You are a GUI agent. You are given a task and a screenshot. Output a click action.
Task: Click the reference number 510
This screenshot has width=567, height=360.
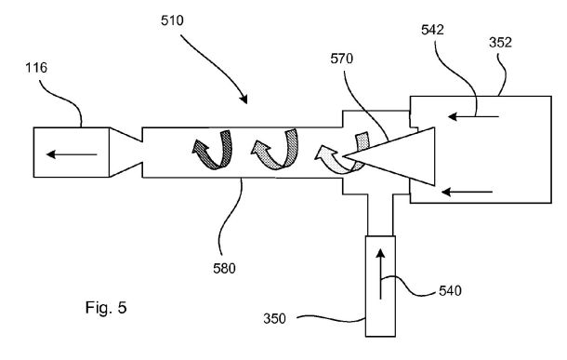[x=172, y=20]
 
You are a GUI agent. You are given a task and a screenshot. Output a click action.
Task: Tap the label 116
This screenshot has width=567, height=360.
[x=36, y=68]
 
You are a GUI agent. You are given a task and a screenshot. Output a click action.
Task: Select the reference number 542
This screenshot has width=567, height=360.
[x=432, y=30]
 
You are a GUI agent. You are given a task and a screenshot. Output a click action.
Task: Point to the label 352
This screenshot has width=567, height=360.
[x=500, y=43]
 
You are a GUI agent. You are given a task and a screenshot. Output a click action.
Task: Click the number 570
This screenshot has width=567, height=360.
[x=342, y=59]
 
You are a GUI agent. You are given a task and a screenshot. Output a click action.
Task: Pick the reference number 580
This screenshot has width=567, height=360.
[x=224, y=269]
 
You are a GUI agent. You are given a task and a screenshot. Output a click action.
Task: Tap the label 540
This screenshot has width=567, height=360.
[x=450, y=291]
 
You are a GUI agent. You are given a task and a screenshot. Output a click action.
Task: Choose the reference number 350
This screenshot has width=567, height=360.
[x=274, y=319]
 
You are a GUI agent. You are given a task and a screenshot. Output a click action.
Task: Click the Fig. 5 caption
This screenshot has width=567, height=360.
[x=106, y=308]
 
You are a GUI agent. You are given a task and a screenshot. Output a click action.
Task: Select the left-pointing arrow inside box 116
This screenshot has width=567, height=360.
[x=72, y=154]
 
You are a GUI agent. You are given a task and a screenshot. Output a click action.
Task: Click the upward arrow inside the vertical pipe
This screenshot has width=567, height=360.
[x=380, y=273]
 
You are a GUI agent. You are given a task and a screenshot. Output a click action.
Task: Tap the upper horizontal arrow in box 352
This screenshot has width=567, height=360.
[x=473, y=116]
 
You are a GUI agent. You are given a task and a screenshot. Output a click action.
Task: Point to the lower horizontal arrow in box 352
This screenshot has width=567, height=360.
[x=468, y=192]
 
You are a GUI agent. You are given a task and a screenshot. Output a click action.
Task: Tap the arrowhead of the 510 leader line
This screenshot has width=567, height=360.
[x=244, y=100]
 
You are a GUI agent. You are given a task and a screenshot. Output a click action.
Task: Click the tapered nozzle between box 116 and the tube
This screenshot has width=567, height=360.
[x=125, y=153]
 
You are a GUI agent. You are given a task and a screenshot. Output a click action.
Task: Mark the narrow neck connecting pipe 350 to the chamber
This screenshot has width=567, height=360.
[x=380, y=215]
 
